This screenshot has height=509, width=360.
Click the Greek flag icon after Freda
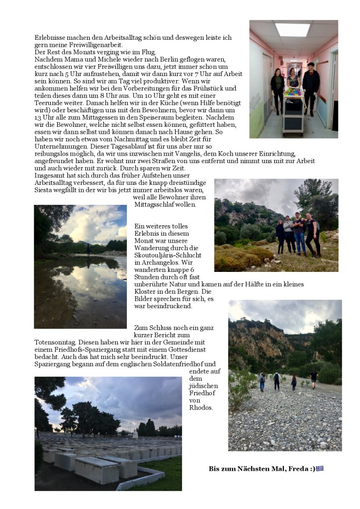point(320,468)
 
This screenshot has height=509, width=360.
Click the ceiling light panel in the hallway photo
point(292,29)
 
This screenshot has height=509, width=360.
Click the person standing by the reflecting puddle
point(89,249)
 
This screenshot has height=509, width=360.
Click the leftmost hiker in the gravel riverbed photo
point(262,381)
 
